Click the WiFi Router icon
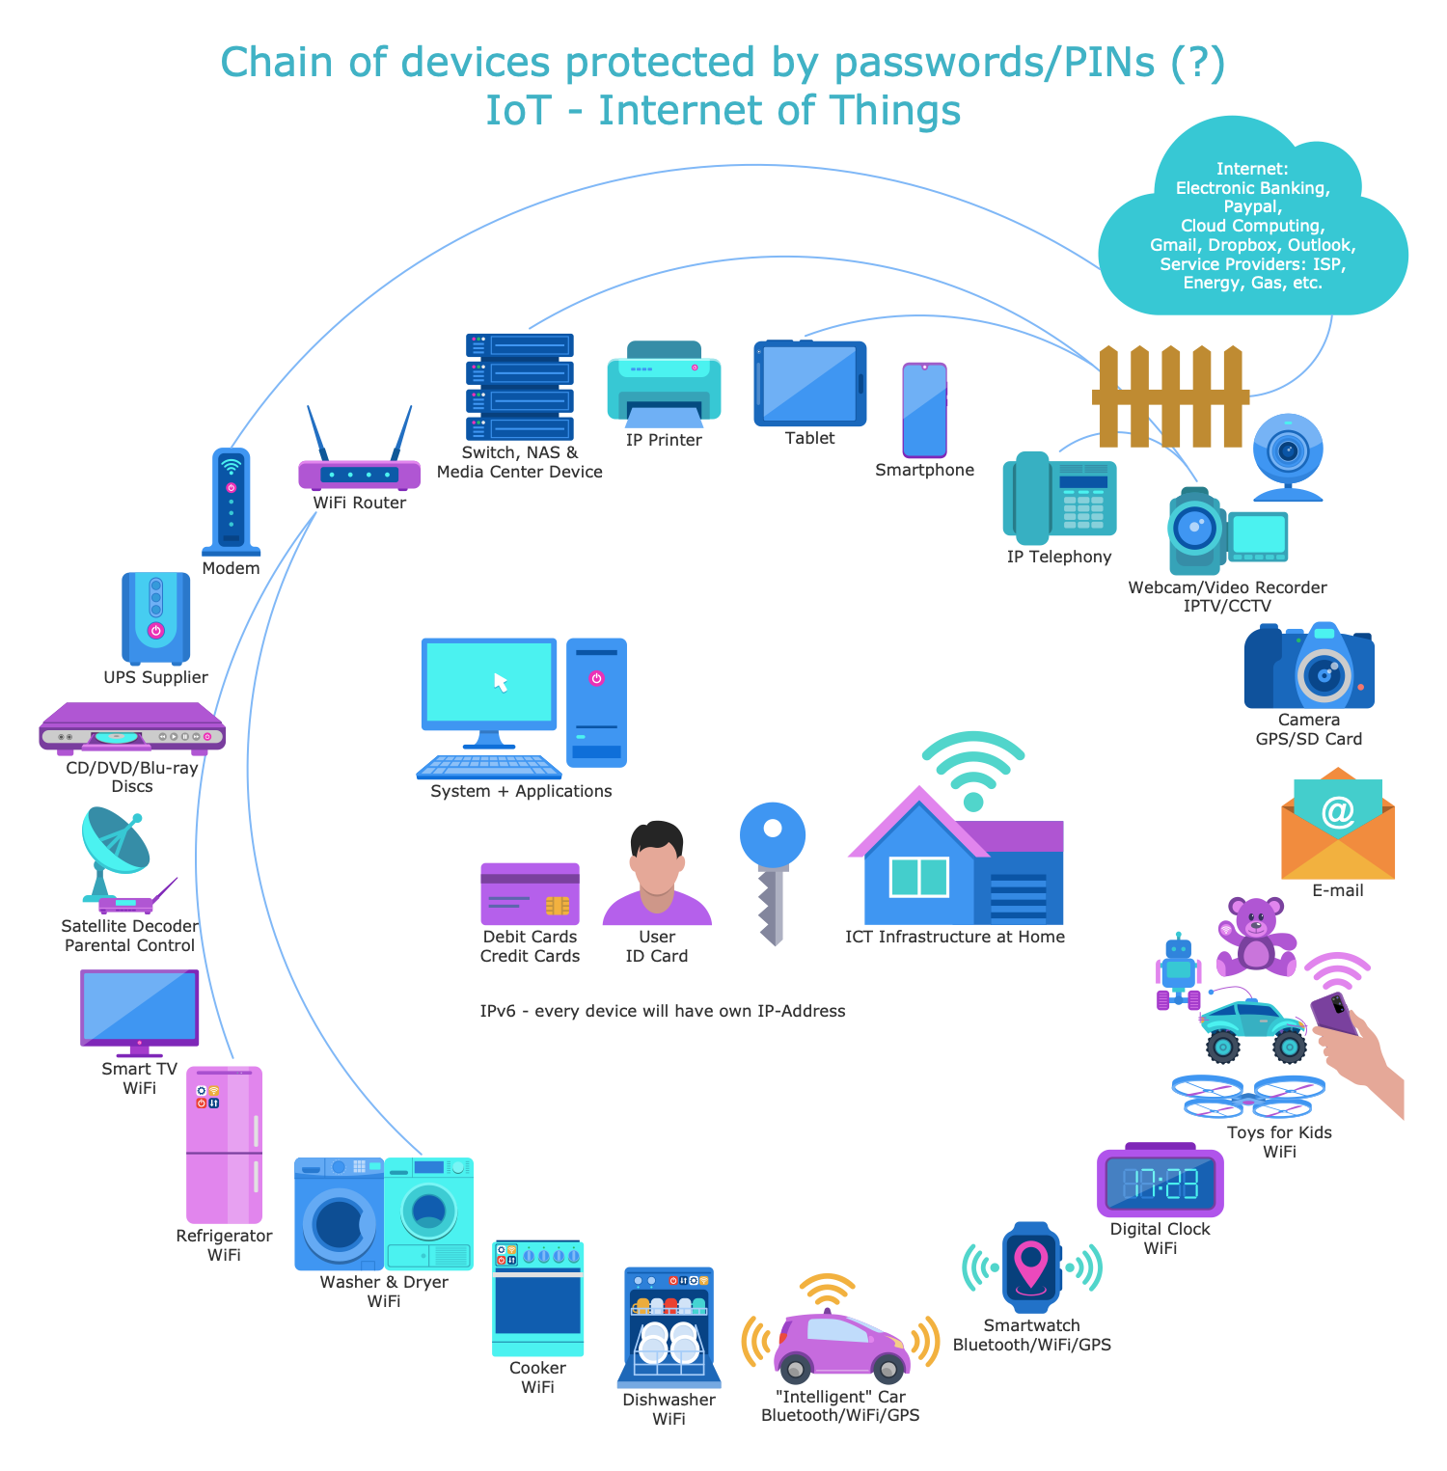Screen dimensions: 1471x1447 coord(359,474)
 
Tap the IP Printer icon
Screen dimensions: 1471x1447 coord(664,386)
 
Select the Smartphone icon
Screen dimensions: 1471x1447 coord(924,410)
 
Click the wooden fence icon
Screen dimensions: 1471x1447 coord(1170,396)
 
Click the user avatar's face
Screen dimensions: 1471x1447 coord(657,864)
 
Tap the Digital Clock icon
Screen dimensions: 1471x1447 coord(1160,1183)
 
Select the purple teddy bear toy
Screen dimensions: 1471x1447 coord(1256,935)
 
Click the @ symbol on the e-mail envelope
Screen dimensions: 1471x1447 coord(1338,811)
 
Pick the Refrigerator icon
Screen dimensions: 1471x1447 coord(224,1144)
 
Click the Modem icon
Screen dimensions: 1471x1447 coord(232,502)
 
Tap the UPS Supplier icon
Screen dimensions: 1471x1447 coord(155,617)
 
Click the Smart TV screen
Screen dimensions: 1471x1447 coord(140,1007)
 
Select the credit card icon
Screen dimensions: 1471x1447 coord(530,893)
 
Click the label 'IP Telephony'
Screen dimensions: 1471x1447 coord(1058,557)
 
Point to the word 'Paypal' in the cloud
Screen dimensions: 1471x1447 coord(1252,206)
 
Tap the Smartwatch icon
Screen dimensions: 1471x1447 coord(1031,1267)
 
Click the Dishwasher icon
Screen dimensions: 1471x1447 coord(669,1327)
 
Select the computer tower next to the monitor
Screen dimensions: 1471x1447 coord(596,702)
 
